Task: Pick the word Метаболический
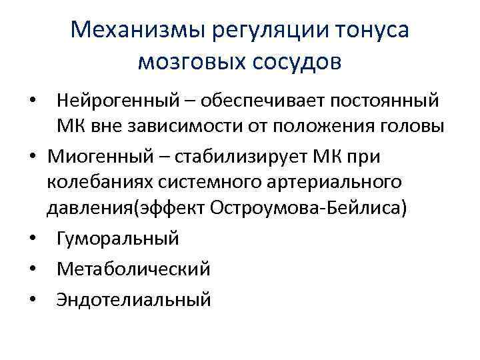point(134,269)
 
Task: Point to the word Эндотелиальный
point(134,299)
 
